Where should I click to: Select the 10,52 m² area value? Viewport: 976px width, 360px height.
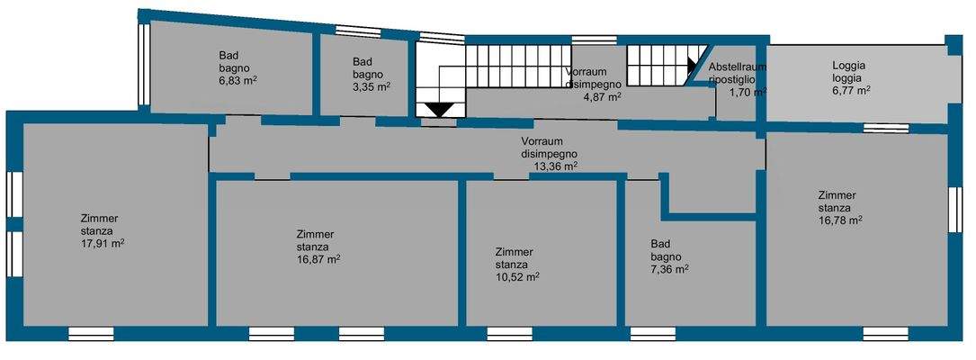tap(517, 277)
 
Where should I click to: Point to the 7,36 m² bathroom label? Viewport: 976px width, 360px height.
tap(669, 268)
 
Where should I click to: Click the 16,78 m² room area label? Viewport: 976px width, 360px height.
tap(840, 220)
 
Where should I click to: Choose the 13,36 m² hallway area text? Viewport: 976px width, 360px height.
tap(555, 166)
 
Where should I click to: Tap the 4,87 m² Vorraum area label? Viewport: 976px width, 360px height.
tap(603, 96)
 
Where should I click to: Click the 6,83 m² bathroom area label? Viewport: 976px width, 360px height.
tap(238, 81)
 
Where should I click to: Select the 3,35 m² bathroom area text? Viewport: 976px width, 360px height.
tap(371, 87)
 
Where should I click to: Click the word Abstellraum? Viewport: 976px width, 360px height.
tap(737, 67)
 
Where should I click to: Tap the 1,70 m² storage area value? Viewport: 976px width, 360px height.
tap(747, 92)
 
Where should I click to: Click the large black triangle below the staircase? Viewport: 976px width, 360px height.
tap(440, 109)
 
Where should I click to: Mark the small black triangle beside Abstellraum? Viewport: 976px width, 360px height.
tap(692, 66)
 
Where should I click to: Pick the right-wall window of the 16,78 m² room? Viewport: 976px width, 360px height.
tap(955, 211)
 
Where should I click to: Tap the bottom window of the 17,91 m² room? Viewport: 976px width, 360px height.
tap(91, 334)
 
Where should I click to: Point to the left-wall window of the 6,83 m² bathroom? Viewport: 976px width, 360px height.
tap(142, 62)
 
